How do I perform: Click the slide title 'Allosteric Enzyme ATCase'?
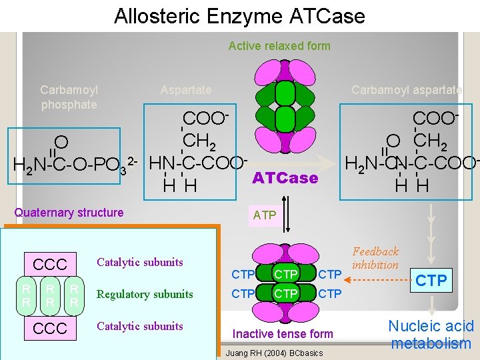coord(239,15)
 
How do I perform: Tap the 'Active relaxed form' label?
coord(279,46)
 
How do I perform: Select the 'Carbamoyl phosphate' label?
coord(69,97)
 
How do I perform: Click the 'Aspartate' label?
coord(186,90)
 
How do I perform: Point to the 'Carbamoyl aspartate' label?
coord(407,90)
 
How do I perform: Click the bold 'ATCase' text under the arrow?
coord(285,179)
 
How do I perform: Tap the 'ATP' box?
coord(265,215)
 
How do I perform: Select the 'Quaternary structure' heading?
coord(69,213)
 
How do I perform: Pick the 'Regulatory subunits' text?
coord(145,294)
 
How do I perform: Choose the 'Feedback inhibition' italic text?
coord(375,258)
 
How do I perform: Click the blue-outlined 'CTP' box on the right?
coord(431,281)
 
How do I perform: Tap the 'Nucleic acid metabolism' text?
coord(431,335)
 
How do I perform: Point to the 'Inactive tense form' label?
coord(283,333)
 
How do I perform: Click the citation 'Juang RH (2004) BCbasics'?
coord(275,353)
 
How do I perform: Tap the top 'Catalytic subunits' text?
coord(140,262)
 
